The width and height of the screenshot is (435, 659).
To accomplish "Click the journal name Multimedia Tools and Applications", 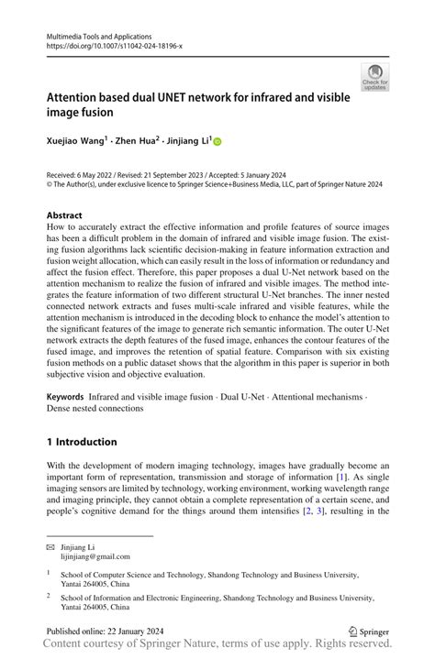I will click(x=96, y=35).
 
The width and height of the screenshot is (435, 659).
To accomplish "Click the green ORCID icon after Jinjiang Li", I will click(x=217, y=142).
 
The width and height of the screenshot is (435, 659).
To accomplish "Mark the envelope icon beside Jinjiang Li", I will click(x=53, y=545).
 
